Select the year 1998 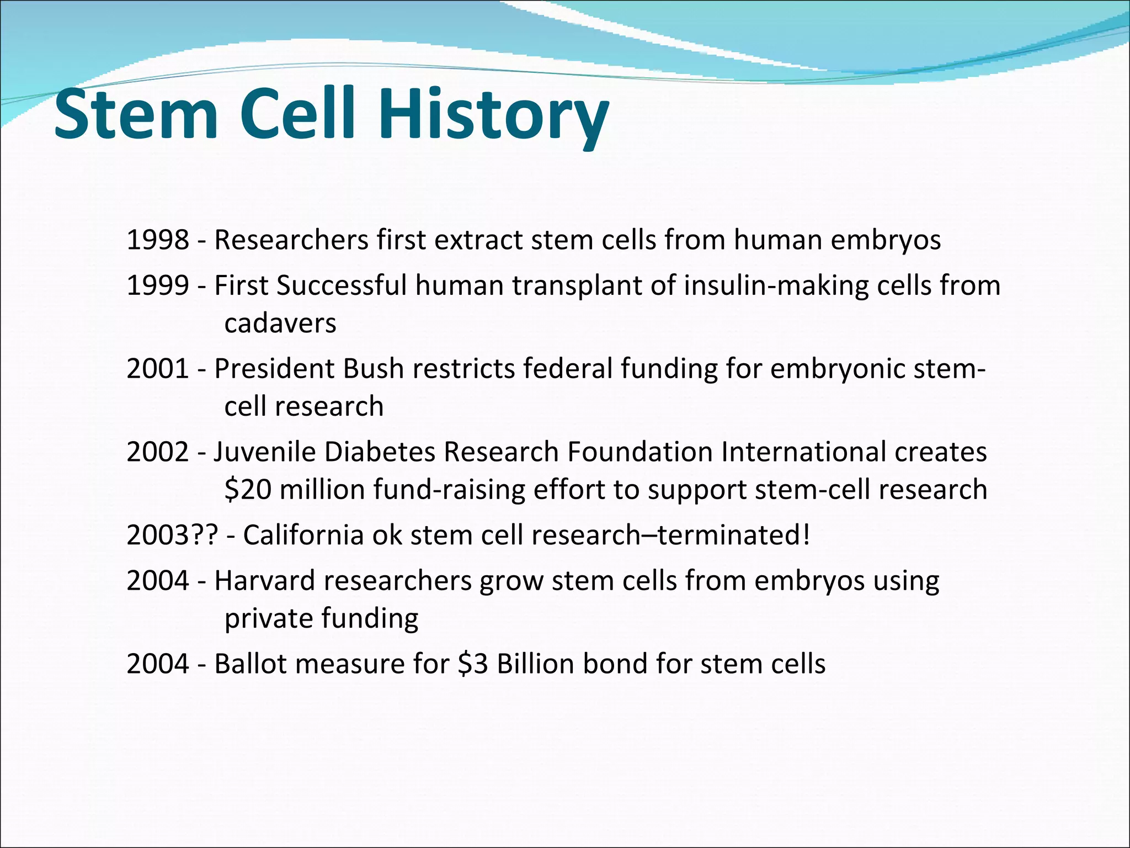158,240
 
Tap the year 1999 158,286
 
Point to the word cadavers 280,324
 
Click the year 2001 158,369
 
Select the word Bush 374,369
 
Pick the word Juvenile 264,452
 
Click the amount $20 248,490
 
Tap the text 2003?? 172,536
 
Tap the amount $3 473,664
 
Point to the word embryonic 837,369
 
